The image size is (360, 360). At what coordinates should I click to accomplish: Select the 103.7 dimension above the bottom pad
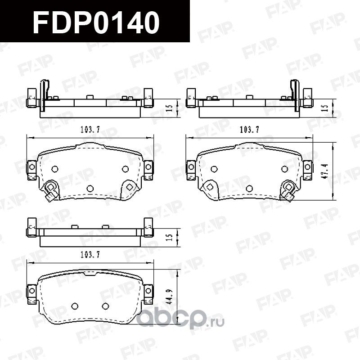click(x=90, y=255)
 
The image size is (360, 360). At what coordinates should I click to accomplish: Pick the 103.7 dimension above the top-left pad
click(x=90, y=129)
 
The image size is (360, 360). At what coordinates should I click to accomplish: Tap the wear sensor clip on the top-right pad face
click(x=287, y=189)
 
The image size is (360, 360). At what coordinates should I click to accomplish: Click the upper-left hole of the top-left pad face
click(x=55, y=169)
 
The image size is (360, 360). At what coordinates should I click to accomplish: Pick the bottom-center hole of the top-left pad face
click(x=90, y=188)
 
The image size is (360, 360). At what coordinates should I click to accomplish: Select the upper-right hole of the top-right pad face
click(x=284, y=169)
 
